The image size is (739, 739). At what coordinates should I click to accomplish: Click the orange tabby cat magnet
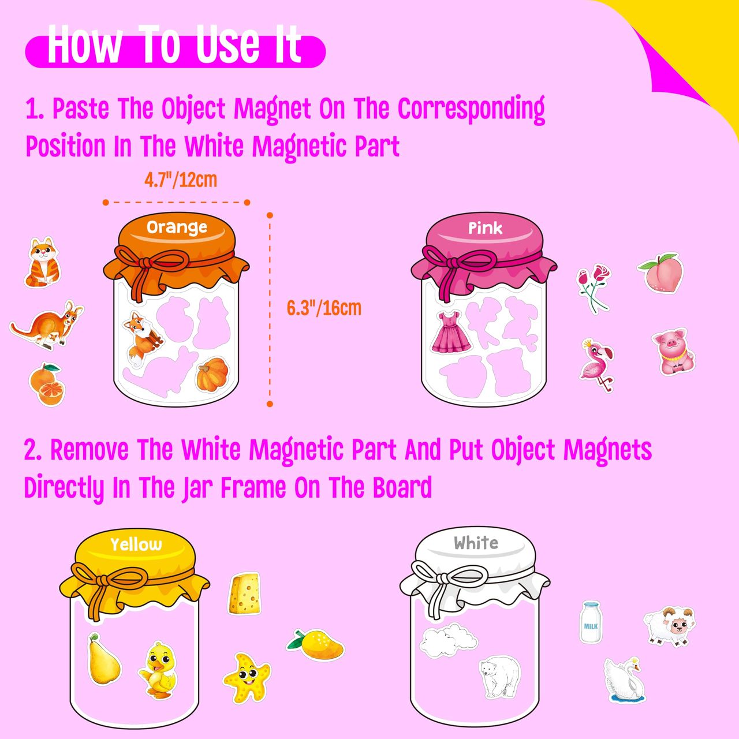tap(42, 262)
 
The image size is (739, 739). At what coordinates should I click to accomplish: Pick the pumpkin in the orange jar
tap(212, 374)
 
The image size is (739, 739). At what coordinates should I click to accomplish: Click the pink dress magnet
tap(451, 332)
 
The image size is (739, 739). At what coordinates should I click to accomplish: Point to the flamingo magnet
tap(597, 365)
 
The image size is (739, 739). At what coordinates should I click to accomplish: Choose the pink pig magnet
tap(674, 351)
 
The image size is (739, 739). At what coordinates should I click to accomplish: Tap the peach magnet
tap(660, 273)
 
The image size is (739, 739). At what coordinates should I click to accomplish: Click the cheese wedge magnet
tap(245, 594)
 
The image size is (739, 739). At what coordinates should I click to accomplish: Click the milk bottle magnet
tap(591, 622)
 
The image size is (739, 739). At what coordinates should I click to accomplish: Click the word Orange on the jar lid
tap(177, 228)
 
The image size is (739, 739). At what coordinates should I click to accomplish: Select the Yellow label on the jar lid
tap(136, 544)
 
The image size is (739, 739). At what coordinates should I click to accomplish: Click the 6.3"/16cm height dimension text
tap(324, 308)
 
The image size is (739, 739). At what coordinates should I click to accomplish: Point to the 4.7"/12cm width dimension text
tap(181, 180)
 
